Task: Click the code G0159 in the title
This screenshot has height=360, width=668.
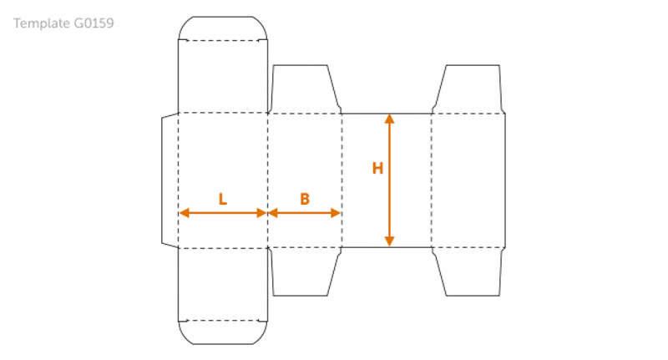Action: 94,23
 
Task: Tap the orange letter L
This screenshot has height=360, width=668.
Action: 222,199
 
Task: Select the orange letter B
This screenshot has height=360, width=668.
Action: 305,199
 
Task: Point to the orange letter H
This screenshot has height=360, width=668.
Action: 377,168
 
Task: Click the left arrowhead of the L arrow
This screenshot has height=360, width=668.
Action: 184,213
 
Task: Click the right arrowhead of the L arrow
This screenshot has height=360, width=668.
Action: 261,213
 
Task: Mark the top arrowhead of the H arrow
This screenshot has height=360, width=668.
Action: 389,119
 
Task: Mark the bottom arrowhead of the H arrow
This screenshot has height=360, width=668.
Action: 389,241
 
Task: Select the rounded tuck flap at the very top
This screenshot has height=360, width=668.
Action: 223,28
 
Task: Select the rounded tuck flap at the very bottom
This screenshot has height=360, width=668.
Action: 223,332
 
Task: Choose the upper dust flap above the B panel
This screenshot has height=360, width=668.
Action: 304,89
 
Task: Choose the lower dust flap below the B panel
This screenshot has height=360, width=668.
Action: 304,271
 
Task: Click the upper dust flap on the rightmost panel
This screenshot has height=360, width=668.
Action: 469,89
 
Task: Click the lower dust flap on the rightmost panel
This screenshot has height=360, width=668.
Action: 469,271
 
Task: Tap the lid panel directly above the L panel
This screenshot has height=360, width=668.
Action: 223,76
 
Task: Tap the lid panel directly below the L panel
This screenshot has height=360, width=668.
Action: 223,284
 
